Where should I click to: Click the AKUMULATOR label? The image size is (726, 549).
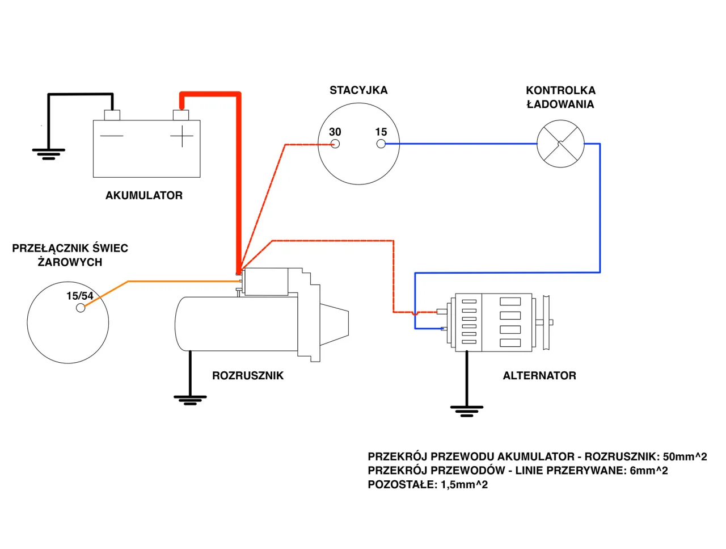tap(144, 195)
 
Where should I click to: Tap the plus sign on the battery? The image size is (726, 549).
tap(181, 136)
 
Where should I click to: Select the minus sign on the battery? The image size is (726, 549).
tap(112, 136)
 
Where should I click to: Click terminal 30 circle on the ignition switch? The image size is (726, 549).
tap(335, 144)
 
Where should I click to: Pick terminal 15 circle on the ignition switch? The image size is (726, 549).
tap(381, 144)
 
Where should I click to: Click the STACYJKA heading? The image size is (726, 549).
tap(358, 90)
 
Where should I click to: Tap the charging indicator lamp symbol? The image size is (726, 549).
tap(560, 144)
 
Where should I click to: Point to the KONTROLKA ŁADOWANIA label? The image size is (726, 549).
tap(560, 97)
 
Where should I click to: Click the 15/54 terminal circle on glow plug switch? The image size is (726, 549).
tap(81, 308)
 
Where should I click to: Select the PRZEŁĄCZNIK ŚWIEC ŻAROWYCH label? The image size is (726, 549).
tap(70, 255)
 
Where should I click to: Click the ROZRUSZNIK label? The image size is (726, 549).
tap(248, 375)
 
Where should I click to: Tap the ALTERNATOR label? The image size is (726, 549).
tap(539, 375)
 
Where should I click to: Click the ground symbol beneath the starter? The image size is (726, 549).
tap(190, 400)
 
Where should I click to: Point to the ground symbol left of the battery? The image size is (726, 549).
tap(48, 154)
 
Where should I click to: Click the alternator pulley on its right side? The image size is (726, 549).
tap(546, 322)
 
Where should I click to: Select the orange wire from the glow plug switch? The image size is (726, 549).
tap(170, 281)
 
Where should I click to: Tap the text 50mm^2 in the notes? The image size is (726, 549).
tap(685, 456)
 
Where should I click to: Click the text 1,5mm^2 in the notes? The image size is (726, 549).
tap(464, 484)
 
